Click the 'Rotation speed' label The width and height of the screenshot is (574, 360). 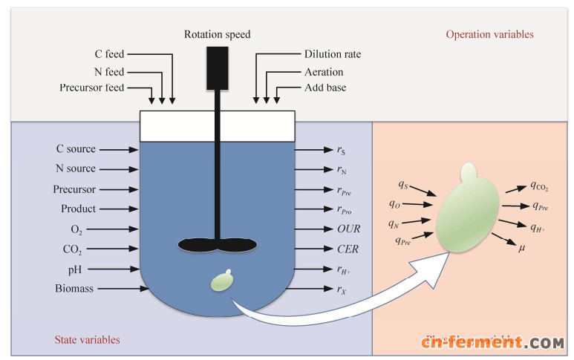tap(217, 35)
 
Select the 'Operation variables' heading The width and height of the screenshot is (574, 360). tap(489, 34)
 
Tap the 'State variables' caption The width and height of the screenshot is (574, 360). tap(88, 340)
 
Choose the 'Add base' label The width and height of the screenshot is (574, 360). tap(325, 88)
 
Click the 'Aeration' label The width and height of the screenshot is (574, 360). tap(324, 71)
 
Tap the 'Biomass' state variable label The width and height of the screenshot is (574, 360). tap(74, 288)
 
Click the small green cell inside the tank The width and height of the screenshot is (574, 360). tap(222, 281)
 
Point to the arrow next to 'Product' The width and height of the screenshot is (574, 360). tap(118, 209)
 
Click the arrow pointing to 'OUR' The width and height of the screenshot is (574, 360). tap(307, 229)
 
